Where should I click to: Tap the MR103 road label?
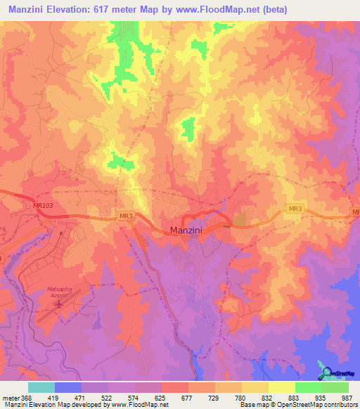43,205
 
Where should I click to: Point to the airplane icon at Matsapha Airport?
59,304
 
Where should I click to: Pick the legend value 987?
346,397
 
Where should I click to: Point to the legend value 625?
160,397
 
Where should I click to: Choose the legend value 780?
240,397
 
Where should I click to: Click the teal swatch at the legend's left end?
41,387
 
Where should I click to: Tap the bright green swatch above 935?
308,387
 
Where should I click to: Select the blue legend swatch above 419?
68,387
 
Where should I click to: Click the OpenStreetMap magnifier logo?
325,372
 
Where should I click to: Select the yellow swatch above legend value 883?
281,387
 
